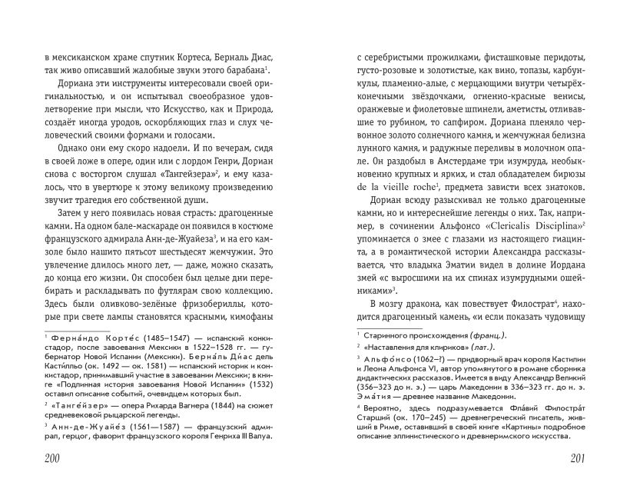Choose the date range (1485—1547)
point(139,336)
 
